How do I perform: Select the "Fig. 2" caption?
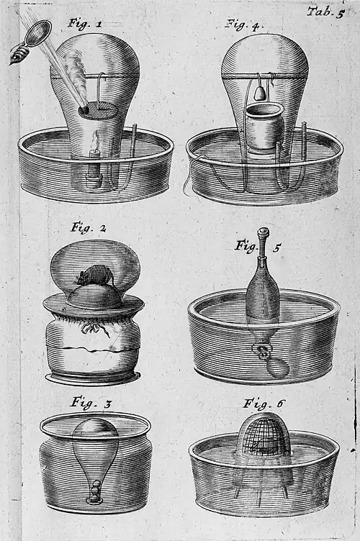89,228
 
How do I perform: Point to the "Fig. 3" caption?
91,403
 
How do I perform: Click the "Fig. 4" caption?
243,24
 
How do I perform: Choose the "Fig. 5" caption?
258,246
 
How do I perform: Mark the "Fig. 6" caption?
264,403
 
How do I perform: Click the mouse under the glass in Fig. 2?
95,274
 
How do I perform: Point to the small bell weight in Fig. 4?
259,93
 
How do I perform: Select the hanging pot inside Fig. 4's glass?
264,127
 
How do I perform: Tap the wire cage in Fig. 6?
264,435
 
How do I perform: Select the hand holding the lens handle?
19,54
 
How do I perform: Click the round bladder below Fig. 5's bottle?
278,368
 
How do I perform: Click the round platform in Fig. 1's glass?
99,111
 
